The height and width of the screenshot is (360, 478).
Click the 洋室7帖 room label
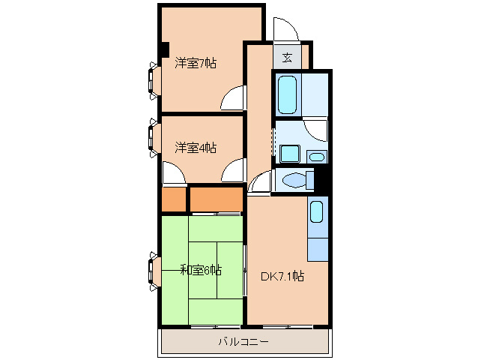196,64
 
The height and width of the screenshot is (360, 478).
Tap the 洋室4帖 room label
196,148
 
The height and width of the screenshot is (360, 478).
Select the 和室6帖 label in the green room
200,270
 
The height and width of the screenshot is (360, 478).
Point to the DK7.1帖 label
282,276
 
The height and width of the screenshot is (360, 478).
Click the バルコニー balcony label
243,342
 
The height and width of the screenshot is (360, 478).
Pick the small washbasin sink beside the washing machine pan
317,157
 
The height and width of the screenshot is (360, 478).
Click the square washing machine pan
289,154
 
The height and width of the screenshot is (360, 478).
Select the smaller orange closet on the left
173,200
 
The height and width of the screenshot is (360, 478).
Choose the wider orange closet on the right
216,200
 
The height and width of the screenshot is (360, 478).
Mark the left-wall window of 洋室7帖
154,79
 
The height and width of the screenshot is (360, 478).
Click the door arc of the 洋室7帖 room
234,97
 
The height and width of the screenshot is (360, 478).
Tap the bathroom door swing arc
318,129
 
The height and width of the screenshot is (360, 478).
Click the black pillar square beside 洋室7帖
163,51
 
